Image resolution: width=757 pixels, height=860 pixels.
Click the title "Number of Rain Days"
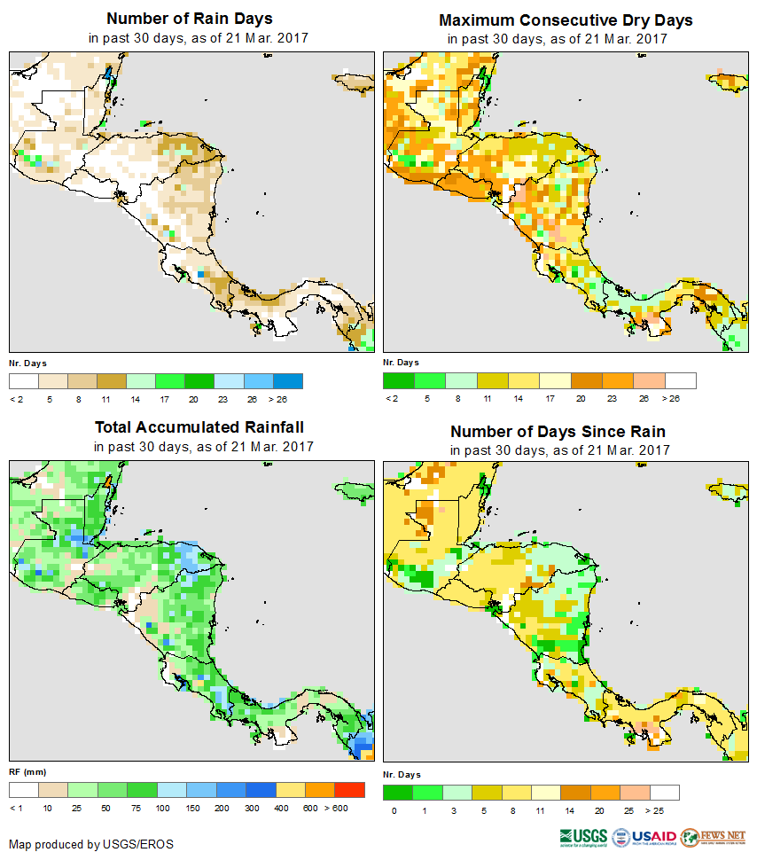[x=189, y=19]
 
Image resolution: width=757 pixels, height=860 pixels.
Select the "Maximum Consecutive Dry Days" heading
[x=566, y=20]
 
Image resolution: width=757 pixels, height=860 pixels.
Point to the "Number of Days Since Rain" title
[x=558, y=431]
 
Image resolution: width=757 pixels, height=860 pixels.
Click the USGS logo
[x=583, y=837]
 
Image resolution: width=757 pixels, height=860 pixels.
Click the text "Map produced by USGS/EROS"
[x=91, y=844]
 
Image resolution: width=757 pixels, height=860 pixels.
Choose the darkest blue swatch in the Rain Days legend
[x=289, y=381]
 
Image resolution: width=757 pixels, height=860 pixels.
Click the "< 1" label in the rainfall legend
[x=17, y=808]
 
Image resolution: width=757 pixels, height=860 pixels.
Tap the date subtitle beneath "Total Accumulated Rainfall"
[x=203, y=447]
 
